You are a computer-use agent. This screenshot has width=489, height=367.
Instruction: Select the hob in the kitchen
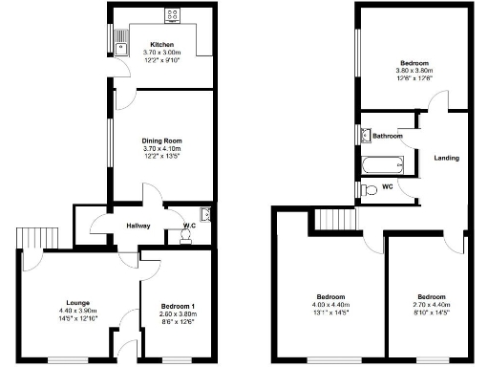(x=174, y=14)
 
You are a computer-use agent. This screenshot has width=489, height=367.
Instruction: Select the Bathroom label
(x=387, y=137)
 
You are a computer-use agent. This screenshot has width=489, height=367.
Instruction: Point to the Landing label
(x=446, y=158)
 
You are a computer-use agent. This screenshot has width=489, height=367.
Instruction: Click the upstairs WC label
(x=388, y=186)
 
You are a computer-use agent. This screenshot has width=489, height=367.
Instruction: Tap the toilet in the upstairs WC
(x=371, y=189)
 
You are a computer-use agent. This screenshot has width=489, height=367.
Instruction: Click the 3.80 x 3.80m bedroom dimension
(x=415, y=72)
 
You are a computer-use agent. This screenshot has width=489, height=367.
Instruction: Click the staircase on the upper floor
(x=332, y=220)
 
